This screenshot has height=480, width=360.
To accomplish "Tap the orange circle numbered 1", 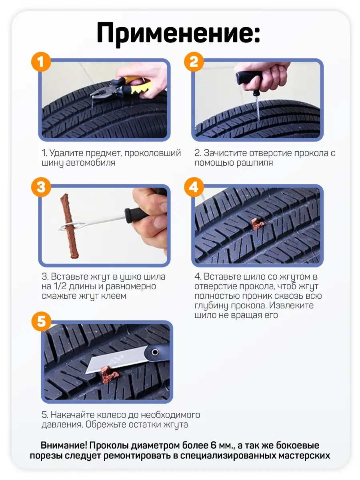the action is [x=41, y=62].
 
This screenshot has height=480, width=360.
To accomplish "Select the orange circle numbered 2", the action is [x=194, y=62].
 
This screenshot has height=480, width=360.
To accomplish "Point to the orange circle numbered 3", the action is [x=41, y=187].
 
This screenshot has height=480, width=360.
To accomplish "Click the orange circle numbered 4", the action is [x=194, y=187].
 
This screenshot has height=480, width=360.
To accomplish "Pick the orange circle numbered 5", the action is [x=41, y=322].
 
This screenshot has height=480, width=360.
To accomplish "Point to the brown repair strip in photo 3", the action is [x=70, y=226].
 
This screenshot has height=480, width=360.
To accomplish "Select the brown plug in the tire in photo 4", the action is [x=258, y=223].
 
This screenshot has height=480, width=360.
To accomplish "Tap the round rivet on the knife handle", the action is [x=155, y=352].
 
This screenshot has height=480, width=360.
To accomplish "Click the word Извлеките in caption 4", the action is [x=291, y=305].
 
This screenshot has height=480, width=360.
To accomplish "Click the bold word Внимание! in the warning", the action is [x=64, y=445].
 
